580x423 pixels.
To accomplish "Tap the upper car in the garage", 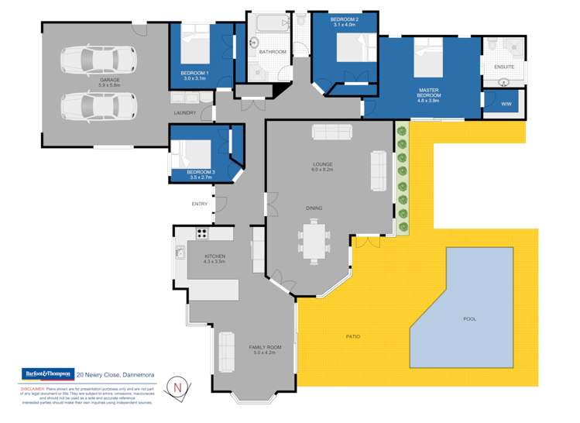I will pyautogui.click(x=104, y=58).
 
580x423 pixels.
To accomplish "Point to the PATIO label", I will pyautogui.click(x=352, y=337).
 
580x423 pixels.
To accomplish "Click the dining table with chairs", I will pyautogui.click(x=315, y=240).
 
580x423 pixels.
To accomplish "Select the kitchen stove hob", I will pyautogui.click(x=202, y=232).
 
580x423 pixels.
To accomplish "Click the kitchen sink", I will pyautogui.click(x=180, y=252).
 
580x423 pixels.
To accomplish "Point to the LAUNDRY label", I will pyautogui.click(x=185, y=113).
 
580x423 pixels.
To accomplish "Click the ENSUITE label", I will pyautogui.click(x=503, y=67).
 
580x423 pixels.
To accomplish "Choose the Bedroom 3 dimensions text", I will pyautogui.click(x=199, y=178).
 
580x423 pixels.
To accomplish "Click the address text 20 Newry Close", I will pyautogui.click(x=115, y=375).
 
